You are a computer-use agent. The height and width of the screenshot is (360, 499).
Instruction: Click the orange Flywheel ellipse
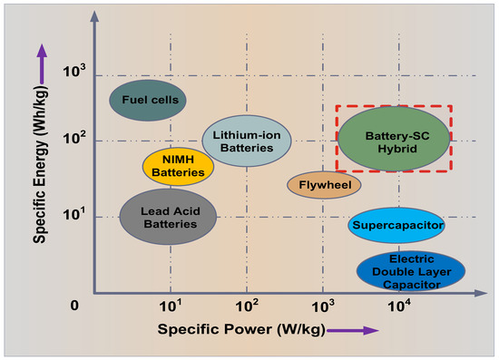(x=324, y=185)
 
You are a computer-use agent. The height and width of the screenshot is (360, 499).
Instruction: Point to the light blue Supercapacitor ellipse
(x=396, y=225)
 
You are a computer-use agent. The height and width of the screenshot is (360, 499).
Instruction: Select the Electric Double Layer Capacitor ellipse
(x=411, y=270)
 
